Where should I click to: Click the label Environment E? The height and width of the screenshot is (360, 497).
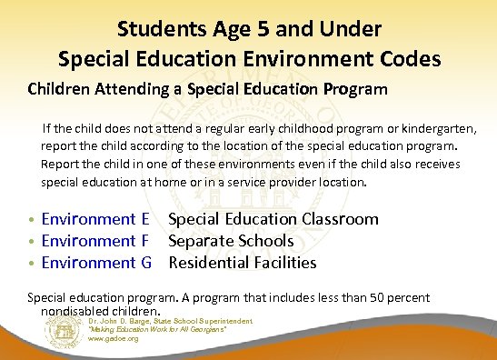95,219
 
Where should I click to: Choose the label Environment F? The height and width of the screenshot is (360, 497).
95,241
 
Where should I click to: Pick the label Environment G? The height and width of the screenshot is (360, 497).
96,263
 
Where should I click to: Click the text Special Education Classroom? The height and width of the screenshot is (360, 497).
273,219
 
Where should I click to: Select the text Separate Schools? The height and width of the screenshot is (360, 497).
231,241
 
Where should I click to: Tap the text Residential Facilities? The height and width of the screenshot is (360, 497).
243,263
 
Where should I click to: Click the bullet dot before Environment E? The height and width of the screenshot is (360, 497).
33,220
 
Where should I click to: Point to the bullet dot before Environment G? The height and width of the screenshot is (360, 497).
33,264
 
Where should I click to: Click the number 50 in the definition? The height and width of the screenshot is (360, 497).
374,297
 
